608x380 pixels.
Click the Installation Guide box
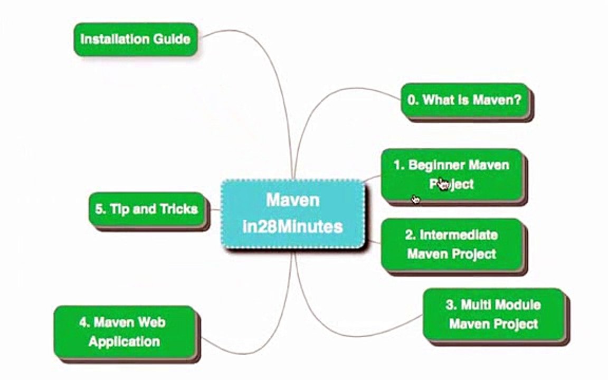pyautogui.click(x=135, y=39)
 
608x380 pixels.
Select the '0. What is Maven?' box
pyautogui.click(x=464, y=100)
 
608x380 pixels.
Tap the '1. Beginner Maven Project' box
pyautogui.click(x=451, y=174)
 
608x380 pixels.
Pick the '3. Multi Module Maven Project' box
pyautogui.click(x=493, y=314)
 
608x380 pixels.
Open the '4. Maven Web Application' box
pyautogui.click(x=124, y=331)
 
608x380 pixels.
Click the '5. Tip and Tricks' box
pyautogui.click(x=147, y=209)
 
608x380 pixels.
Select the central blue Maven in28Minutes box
pyautogui.click(x=292, y=213)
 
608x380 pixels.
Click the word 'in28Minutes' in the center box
pyautogui.click(x=292, y=226)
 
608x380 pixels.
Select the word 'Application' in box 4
pyautogui.click(x=124, y=341)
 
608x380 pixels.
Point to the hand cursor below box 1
pyautogui.click(x=415, y=199)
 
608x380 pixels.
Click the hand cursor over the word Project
pyautogui.click(x=442, y=184)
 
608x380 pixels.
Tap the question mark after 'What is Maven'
pyautogui.click(x=518, y=100)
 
